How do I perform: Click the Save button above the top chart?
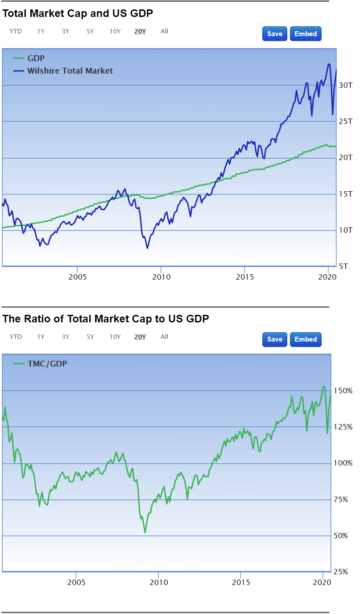[x=274, y=34]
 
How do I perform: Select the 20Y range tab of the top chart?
[x=140, y=31]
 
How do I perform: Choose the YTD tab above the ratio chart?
[x=16, y=337]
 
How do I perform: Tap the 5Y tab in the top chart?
[x=91, y=31]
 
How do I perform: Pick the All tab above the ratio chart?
[x=164, y=337]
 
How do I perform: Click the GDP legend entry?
[x=36, y=58]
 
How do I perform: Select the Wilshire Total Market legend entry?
[x=70, y=70]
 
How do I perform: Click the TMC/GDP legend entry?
[x=47, y=364]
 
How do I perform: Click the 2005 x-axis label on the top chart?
[x=78, y=277]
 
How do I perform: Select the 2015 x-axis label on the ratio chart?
[x=241, y=582]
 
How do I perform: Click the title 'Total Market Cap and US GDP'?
[x=78, y=13]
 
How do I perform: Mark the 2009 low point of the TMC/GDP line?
[x=145, y=532]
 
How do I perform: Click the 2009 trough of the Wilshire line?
[x=147, y=248]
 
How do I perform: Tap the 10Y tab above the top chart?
[x=115, y=31]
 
